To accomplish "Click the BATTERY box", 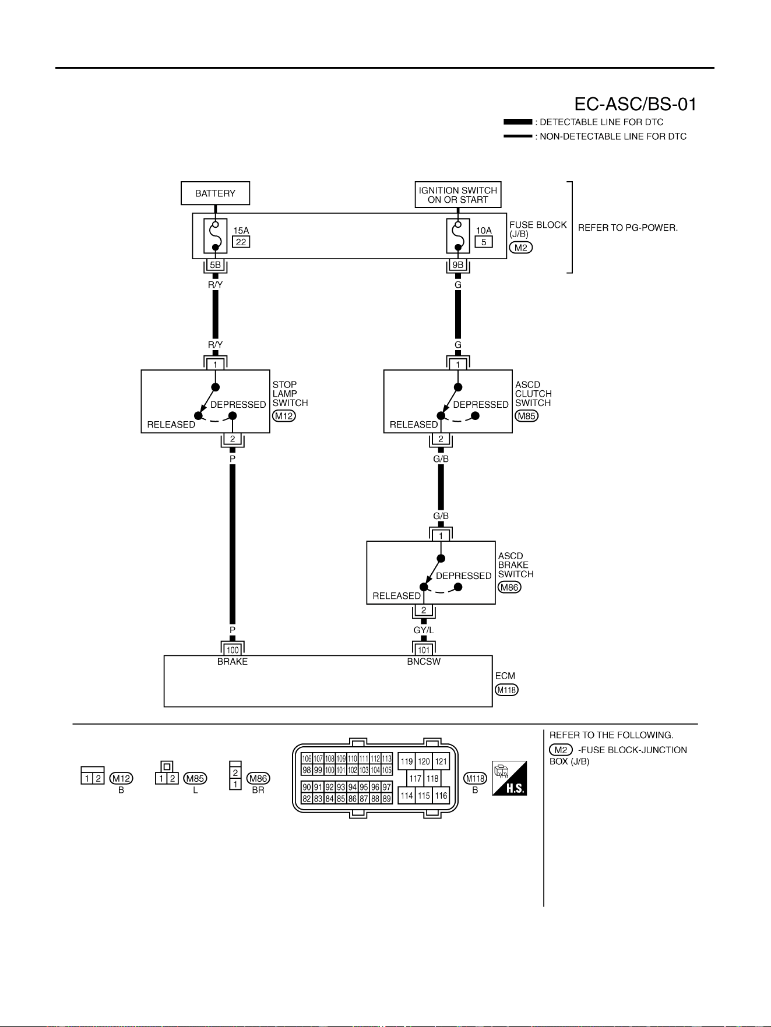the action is point(215,193).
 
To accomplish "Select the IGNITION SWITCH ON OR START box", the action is point(458,195).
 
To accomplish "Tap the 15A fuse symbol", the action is point(215,236).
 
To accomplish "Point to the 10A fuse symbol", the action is point(458,236).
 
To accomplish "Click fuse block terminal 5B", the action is point(215,265).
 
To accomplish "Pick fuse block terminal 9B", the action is point(458,265).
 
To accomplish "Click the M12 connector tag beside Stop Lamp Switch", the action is point(284,416).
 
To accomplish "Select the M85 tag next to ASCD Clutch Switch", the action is point(526,416).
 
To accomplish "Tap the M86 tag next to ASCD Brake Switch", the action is point(509,587).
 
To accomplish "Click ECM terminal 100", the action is point(233,650).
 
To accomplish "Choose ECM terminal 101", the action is point(424,650).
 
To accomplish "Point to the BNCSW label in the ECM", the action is point(424,662).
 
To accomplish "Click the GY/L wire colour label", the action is point(424,630).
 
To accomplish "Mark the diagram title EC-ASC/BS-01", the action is point(635,104).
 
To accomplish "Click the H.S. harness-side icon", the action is point(509,778).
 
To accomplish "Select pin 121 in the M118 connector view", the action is point(441,761).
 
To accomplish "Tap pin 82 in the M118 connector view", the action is point(307,799).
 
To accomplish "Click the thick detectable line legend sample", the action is point(517,122).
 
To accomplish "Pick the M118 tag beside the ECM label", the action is point(506,690).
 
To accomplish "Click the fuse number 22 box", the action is point(241,242).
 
